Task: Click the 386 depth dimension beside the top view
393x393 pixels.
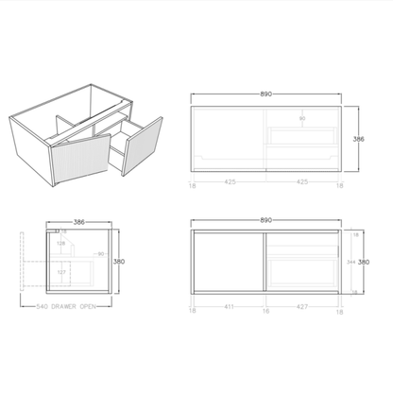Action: pos(359,138)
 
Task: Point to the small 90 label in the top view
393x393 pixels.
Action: pos(302,119)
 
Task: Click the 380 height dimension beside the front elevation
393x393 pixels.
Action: pos(361,265)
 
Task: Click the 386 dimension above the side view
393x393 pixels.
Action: pos(80,221)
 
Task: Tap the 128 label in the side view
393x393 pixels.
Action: pos(60,243)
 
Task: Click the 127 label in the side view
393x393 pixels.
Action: pos(61,273)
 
